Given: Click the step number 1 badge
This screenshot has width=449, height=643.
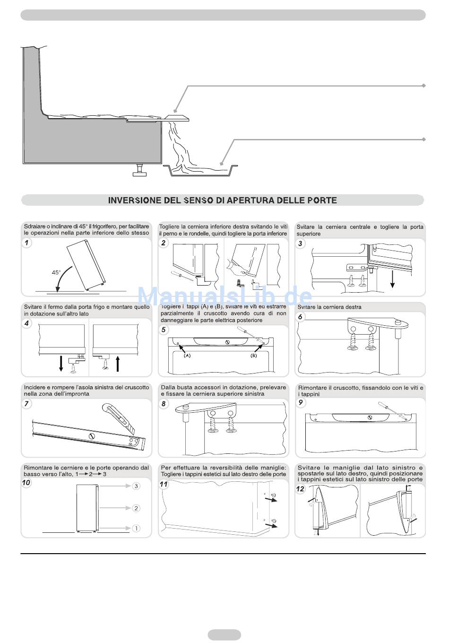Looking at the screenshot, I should [27, 243].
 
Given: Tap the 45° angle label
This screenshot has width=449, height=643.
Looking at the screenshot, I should [56, 272].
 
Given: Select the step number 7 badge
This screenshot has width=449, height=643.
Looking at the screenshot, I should [27, 403].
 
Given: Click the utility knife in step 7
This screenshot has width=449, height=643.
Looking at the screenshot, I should [120, 417].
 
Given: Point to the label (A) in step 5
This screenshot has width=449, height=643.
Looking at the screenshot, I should [187, 356].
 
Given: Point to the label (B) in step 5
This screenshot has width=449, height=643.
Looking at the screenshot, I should [254, 356].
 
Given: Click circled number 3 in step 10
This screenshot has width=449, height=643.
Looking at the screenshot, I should [136, 486].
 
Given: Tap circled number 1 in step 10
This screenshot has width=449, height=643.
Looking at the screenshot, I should [136, 528].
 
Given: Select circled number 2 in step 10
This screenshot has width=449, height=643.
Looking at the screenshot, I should [136, 508].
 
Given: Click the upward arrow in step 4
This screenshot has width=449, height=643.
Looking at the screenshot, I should [118, 364].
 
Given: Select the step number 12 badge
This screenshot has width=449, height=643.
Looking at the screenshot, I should [301, 489].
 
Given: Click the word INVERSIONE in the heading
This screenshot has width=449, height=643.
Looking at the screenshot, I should [135, 200].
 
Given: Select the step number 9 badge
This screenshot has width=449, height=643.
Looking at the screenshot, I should [301, 402].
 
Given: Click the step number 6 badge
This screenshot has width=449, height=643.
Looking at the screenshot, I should [300, 317].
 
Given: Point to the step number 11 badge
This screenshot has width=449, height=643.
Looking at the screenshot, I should [164, 484].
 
